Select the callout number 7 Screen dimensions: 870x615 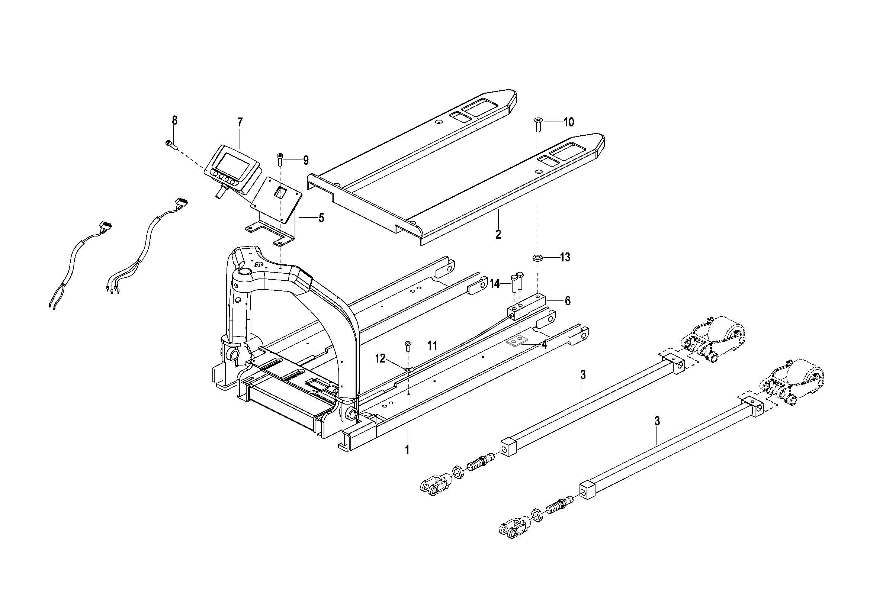pyautogui.click(x=240, y=122)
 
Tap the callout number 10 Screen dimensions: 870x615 pyautogui.click(x=569, y=122)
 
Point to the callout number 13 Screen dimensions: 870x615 pyautogui.click(x=565, y=258)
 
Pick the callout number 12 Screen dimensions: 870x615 pyautogui.click(x=380, y=358)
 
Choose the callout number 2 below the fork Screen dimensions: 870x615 pyautogui.click(x=498, y=234)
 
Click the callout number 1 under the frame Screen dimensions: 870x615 pyautogui.click(x=407, y=450)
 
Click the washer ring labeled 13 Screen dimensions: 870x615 pyautogui.click(x=537, y=258)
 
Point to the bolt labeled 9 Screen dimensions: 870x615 pyautogui.click(x=280, y=159)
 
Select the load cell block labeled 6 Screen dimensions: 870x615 pyautogui.click(x=526, y=307)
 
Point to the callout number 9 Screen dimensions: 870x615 pyautogui.click(x=306, y=160)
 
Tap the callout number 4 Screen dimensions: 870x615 pyautogui.click(x=544, y=345)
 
